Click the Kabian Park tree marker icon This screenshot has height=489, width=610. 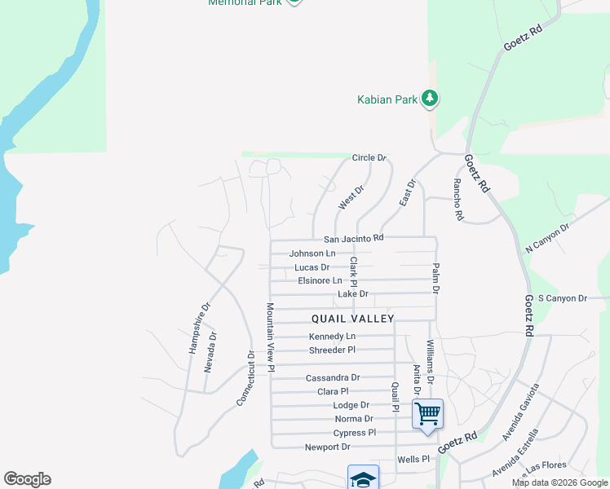(x=430, y=99)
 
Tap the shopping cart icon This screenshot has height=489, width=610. (x=427, y=413)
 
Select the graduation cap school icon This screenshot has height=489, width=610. (x=363, y=479)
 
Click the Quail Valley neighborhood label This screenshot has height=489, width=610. (x=352, y=319)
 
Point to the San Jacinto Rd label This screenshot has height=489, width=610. (x=353, y=239)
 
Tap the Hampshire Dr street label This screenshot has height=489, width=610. (x=194, y=328)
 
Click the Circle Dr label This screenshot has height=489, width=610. (x=369, y=157)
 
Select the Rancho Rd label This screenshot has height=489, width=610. (x=458, y=200)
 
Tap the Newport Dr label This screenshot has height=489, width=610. (x=327, y=447)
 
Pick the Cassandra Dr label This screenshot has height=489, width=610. (x=333, y=378)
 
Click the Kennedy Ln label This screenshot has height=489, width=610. (x=332, y=337)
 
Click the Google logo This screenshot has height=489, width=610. (x=27, y=479)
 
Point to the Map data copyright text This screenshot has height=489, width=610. (x=559, y=482)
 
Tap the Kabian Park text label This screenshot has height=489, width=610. (x=387, y=99)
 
